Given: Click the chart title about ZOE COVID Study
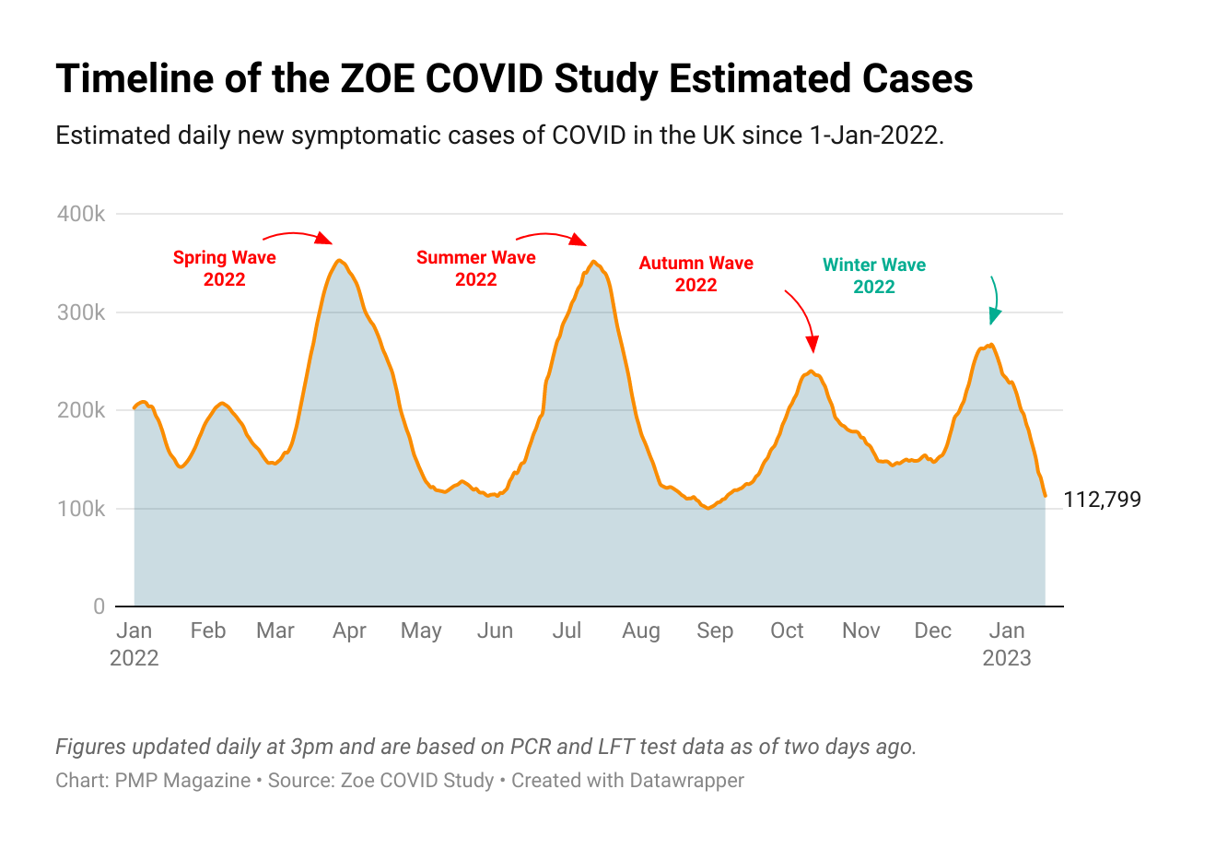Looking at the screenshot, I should (514, 79).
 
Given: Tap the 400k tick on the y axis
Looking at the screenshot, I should (81, 214).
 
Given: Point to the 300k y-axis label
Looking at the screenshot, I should (81, 312).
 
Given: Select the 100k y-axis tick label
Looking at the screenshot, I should (81, 509).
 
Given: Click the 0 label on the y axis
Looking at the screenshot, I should (99, 607).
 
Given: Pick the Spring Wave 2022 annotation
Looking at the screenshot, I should (225, 268).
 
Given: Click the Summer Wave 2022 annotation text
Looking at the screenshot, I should (476, 268).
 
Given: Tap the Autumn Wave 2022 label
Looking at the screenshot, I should (696, 274).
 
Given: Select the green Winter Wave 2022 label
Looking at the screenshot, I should (874, 276).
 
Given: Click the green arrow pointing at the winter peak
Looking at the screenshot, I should (993, 300).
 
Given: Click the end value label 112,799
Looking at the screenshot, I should (1102, 500).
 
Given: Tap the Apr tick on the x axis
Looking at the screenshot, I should (349, 630).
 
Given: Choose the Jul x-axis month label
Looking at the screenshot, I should (567, 630).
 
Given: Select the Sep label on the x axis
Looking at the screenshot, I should (715, 630).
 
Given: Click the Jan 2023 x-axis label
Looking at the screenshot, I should (1007, 643).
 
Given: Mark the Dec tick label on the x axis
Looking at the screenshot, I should (932, 630).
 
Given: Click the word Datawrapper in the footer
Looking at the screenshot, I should (686, 781).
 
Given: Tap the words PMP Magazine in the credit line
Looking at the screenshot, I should (182, 781).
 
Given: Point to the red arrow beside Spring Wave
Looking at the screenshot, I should (298, 237).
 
